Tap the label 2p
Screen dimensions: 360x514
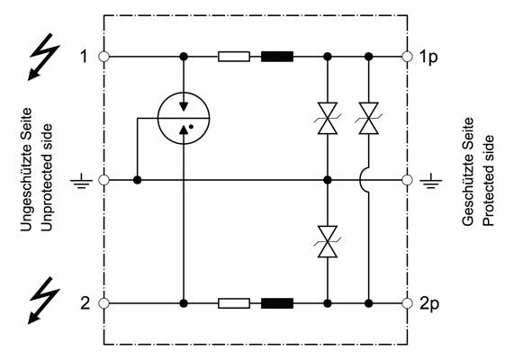pos(431,302)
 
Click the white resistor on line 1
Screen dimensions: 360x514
pos(233,57)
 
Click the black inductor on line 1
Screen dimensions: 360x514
pos(277,57)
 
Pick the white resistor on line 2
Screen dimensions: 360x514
pos(233,302)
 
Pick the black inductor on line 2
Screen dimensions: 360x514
pos(277,302)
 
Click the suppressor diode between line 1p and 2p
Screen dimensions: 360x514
pos(367,118)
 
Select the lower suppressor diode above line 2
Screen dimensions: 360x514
pos(327,241)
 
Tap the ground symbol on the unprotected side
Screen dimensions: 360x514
pos(82,181)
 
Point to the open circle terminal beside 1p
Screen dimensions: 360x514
pos(409,57)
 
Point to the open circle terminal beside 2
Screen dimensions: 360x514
pos(104,302)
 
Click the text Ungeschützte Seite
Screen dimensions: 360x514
pos(26,180)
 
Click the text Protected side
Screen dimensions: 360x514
pos(488,181)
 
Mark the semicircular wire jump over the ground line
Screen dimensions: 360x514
pos(366,180)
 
